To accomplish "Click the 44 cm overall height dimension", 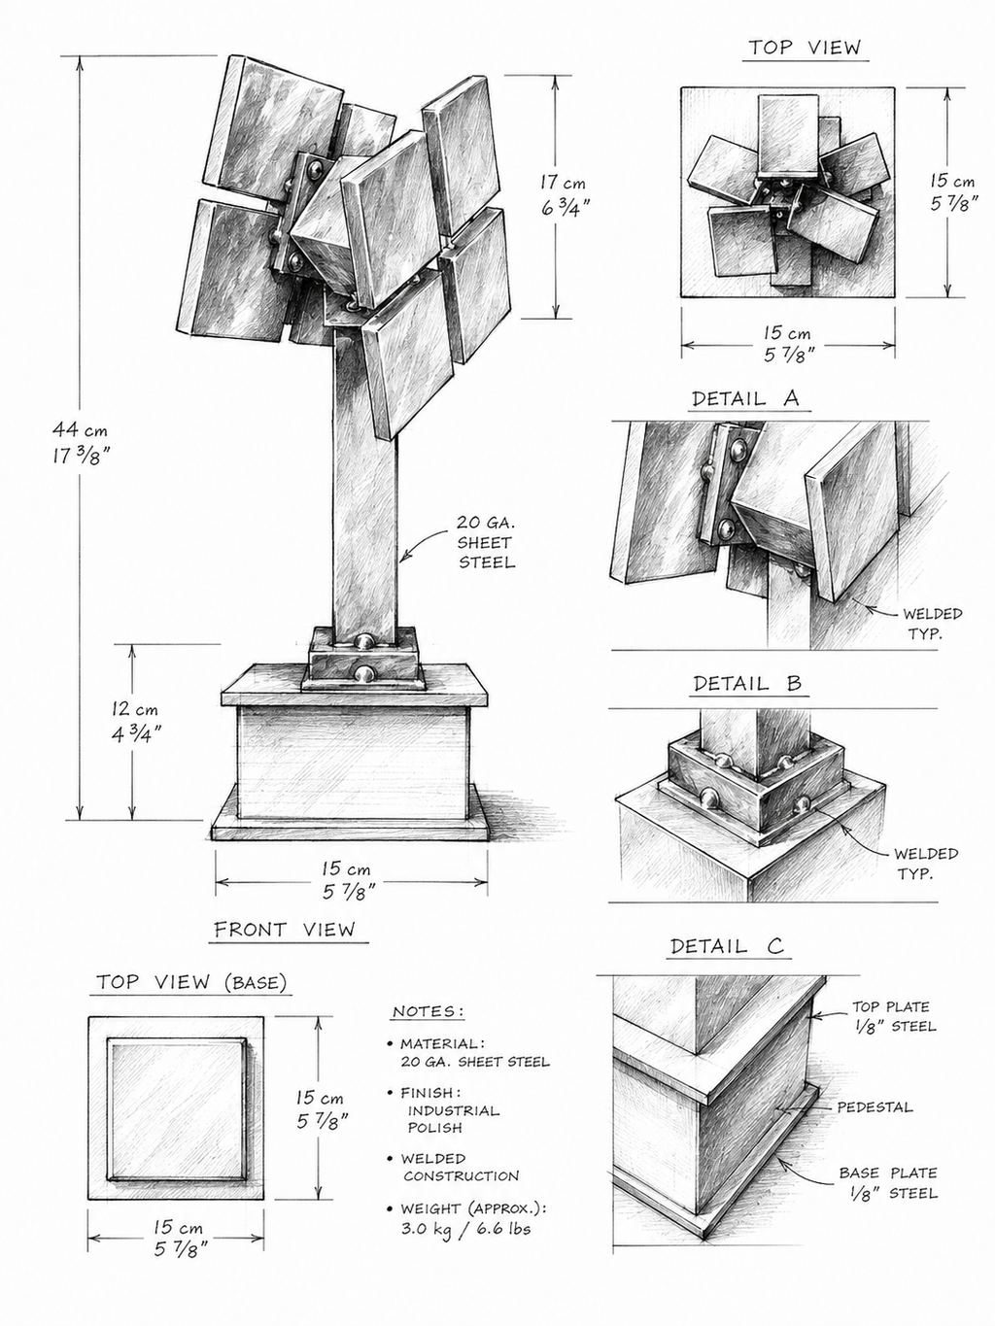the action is [x=80, y=443].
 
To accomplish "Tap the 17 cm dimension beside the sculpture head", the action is [x=565, y=194].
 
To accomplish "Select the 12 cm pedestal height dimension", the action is [x=136, y=721].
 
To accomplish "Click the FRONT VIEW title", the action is [x=285, y=929].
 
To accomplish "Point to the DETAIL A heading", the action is [x=745, y=398].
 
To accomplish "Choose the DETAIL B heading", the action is [x=747, y=683].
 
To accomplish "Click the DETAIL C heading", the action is [x=727, y=946].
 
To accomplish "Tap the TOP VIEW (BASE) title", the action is [x=191, y=982].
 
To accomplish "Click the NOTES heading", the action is [x=429, y=1011].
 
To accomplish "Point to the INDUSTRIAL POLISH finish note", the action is [x=453, y=1119].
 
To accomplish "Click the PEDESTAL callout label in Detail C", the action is [x=875, y=1106].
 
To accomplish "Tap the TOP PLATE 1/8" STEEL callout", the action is [x=894, y=1016].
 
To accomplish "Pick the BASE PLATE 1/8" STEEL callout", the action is [x=888, y=1183].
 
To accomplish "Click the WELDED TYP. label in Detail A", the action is [x=932, y=624].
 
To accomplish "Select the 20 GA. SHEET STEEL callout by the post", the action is [x=486, y=542].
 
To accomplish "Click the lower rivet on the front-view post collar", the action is [x=363, y=673].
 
